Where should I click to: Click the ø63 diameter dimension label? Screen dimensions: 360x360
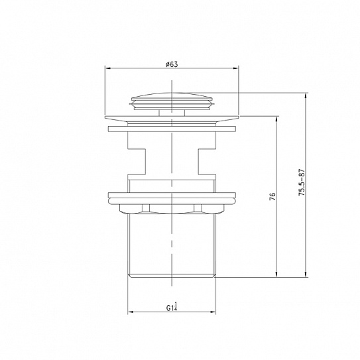click(x=172, y=64)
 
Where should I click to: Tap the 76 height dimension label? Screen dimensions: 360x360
click(x=272, y=197)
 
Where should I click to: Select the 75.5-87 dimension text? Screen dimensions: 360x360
click(x=302, y=182)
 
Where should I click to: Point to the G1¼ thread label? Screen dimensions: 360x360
click(x=172, y=307)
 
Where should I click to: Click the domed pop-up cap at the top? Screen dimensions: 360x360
click(x=172, y=100)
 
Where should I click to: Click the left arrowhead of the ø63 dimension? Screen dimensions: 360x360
click(x=107, y=68)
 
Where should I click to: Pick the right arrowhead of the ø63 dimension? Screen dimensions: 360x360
click(x=236, y=68)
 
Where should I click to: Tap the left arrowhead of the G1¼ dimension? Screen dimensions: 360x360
click(x=131, y=312)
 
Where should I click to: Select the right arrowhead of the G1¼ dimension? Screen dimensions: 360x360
click(x=213, y=312)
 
